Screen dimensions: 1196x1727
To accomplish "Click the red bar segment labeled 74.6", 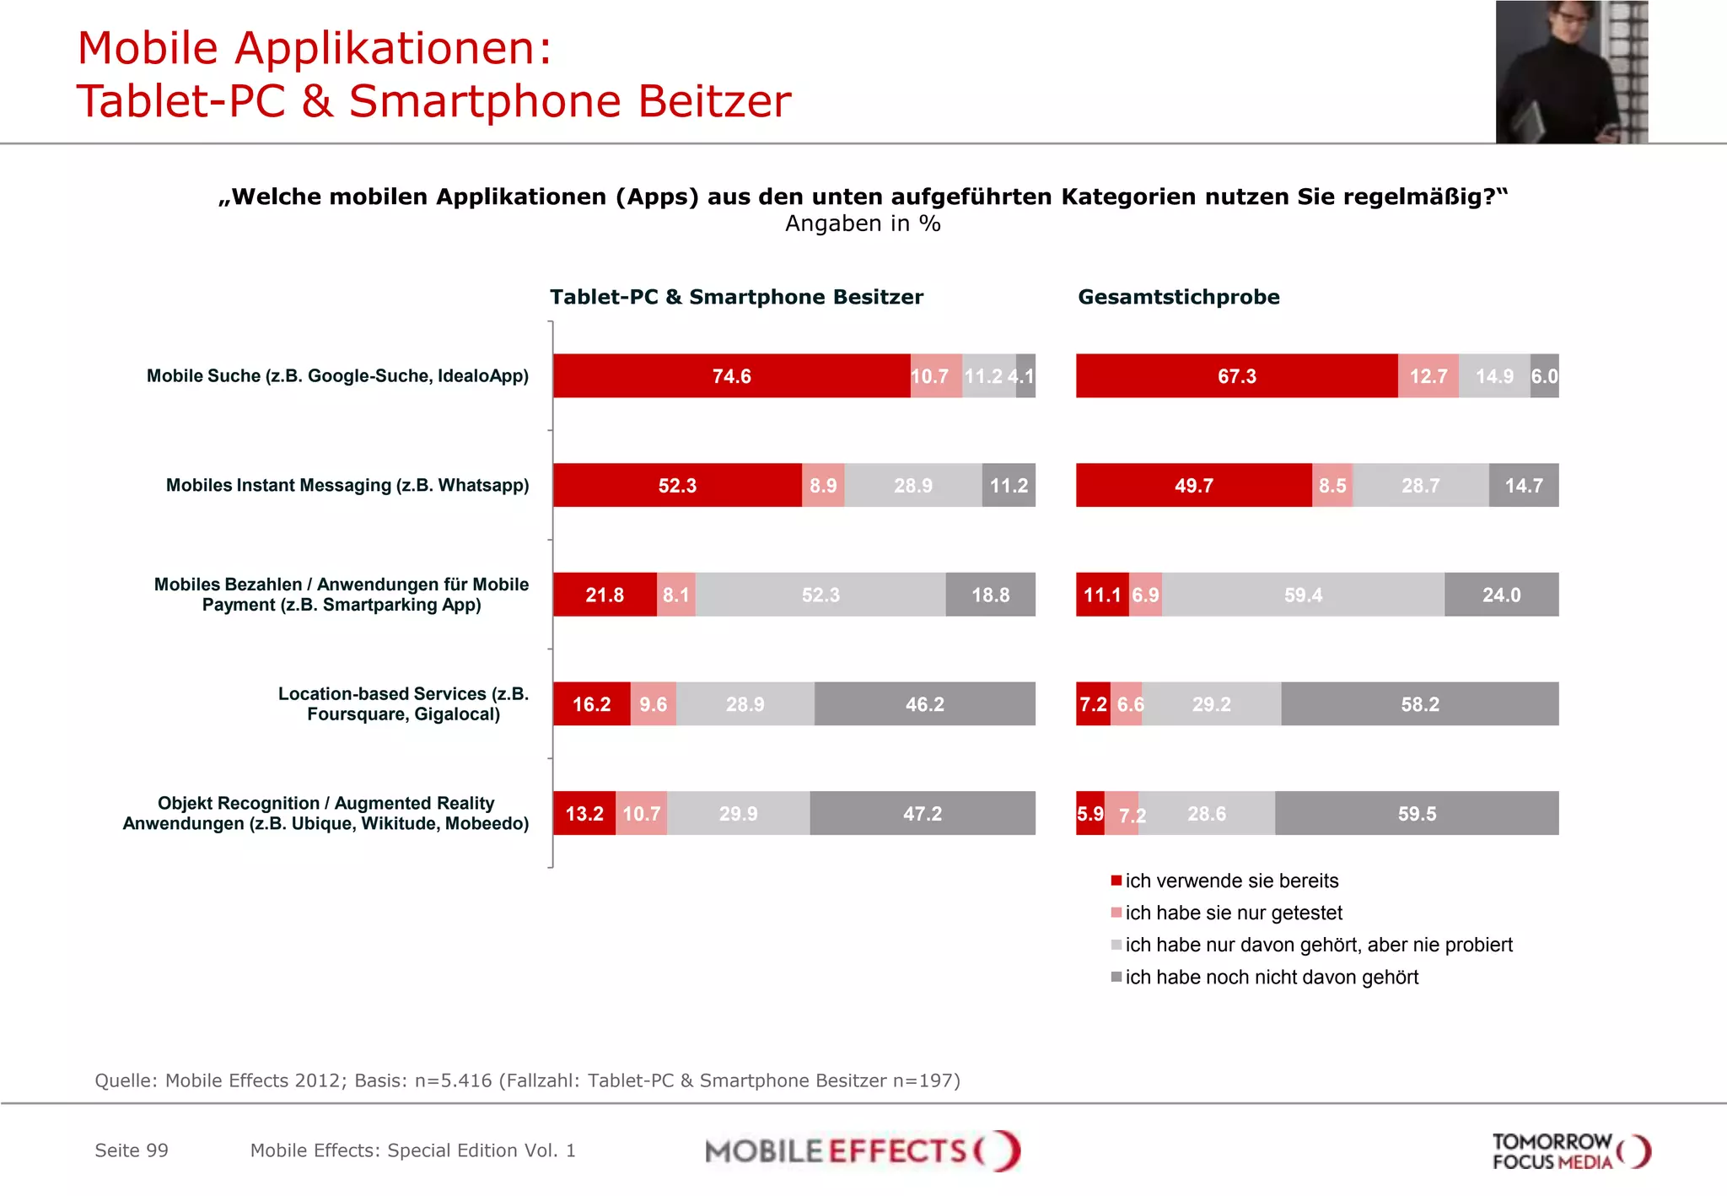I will [731, 376].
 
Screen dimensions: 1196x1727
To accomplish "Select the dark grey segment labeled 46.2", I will [924, 704].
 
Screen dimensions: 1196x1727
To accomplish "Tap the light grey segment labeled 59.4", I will [1303, 595].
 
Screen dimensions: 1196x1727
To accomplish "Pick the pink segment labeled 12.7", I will [1428, 376].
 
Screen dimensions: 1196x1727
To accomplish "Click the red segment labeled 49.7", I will [1193, 486].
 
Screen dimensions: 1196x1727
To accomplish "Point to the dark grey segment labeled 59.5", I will [1417, 814].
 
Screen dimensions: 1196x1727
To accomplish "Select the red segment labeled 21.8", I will [605, 595].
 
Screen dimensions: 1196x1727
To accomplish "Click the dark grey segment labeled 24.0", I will [1501, 595].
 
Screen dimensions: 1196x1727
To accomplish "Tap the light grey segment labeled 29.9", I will [738, 814].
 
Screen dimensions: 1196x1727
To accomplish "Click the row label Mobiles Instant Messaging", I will [347, 486].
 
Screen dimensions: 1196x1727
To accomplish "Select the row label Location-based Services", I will [403, 704].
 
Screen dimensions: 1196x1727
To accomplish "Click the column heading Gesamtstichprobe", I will [1178, 297].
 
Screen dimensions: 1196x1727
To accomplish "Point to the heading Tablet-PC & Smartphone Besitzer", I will [736, 297].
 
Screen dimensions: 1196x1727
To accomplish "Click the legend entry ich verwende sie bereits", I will [1231, 881].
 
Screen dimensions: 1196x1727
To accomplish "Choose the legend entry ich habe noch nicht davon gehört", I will [1271, 978].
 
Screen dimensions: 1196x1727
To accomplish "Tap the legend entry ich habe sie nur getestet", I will [1233, 913].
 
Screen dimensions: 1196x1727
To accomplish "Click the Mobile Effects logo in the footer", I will [862, 1151].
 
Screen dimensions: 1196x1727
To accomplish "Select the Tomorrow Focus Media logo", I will [1570, 1151].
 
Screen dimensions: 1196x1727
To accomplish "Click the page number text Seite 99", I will [132, 1151].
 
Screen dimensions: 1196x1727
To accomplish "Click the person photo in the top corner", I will [1571, 72].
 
